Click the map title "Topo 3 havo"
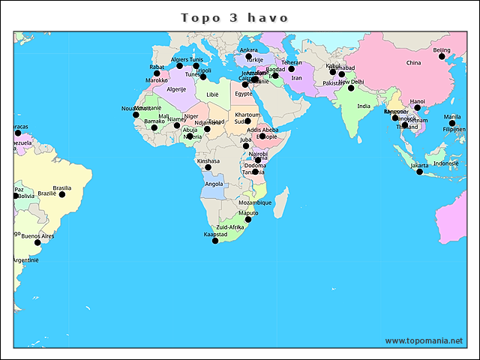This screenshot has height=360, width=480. [x=235, y=16]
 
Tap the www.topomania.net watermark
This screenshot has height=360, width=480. [x=424, y=340]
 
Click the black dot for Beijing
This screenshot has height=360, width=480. [x=442, y=56]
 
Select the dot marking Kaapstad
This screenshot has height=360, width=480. [x=215, y=241]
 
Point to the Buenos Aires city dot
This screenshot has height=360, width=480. [x=37, y=242]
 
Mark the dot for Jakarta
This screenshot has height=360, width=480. [x=420, y=172]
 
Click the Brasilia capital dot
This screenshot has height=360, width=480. [x=62, y=194]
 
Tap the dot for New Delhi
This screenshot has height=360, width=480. [x=350, y=88]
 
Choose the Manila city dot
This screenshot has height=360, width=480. [x=452, y=123]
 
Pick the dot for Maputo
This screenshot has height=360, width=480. [x=248, y=219]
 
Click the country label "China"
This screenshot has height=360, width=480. [x=414, y=63]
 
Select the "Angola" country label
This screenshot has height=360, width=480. [x=214, y=184]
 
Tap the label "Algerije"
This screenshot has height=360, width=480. [x=176, y=88]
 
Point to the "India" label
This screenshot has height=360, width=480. [x=364, y=106]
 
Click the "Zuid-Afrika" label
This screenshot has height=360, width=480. [x=229, y=226]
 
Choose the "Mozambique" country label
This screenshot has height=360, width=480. [x=255, y=202]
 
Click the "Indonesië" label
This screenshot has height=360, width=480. [x=445, y=163]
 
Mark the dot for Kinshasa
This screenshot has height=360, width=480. [x=208, y=166]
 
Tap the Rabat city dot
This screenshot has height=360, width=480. [x=157, y=73]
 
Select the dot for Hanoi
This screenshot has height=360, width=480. [x=418, y=107]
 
